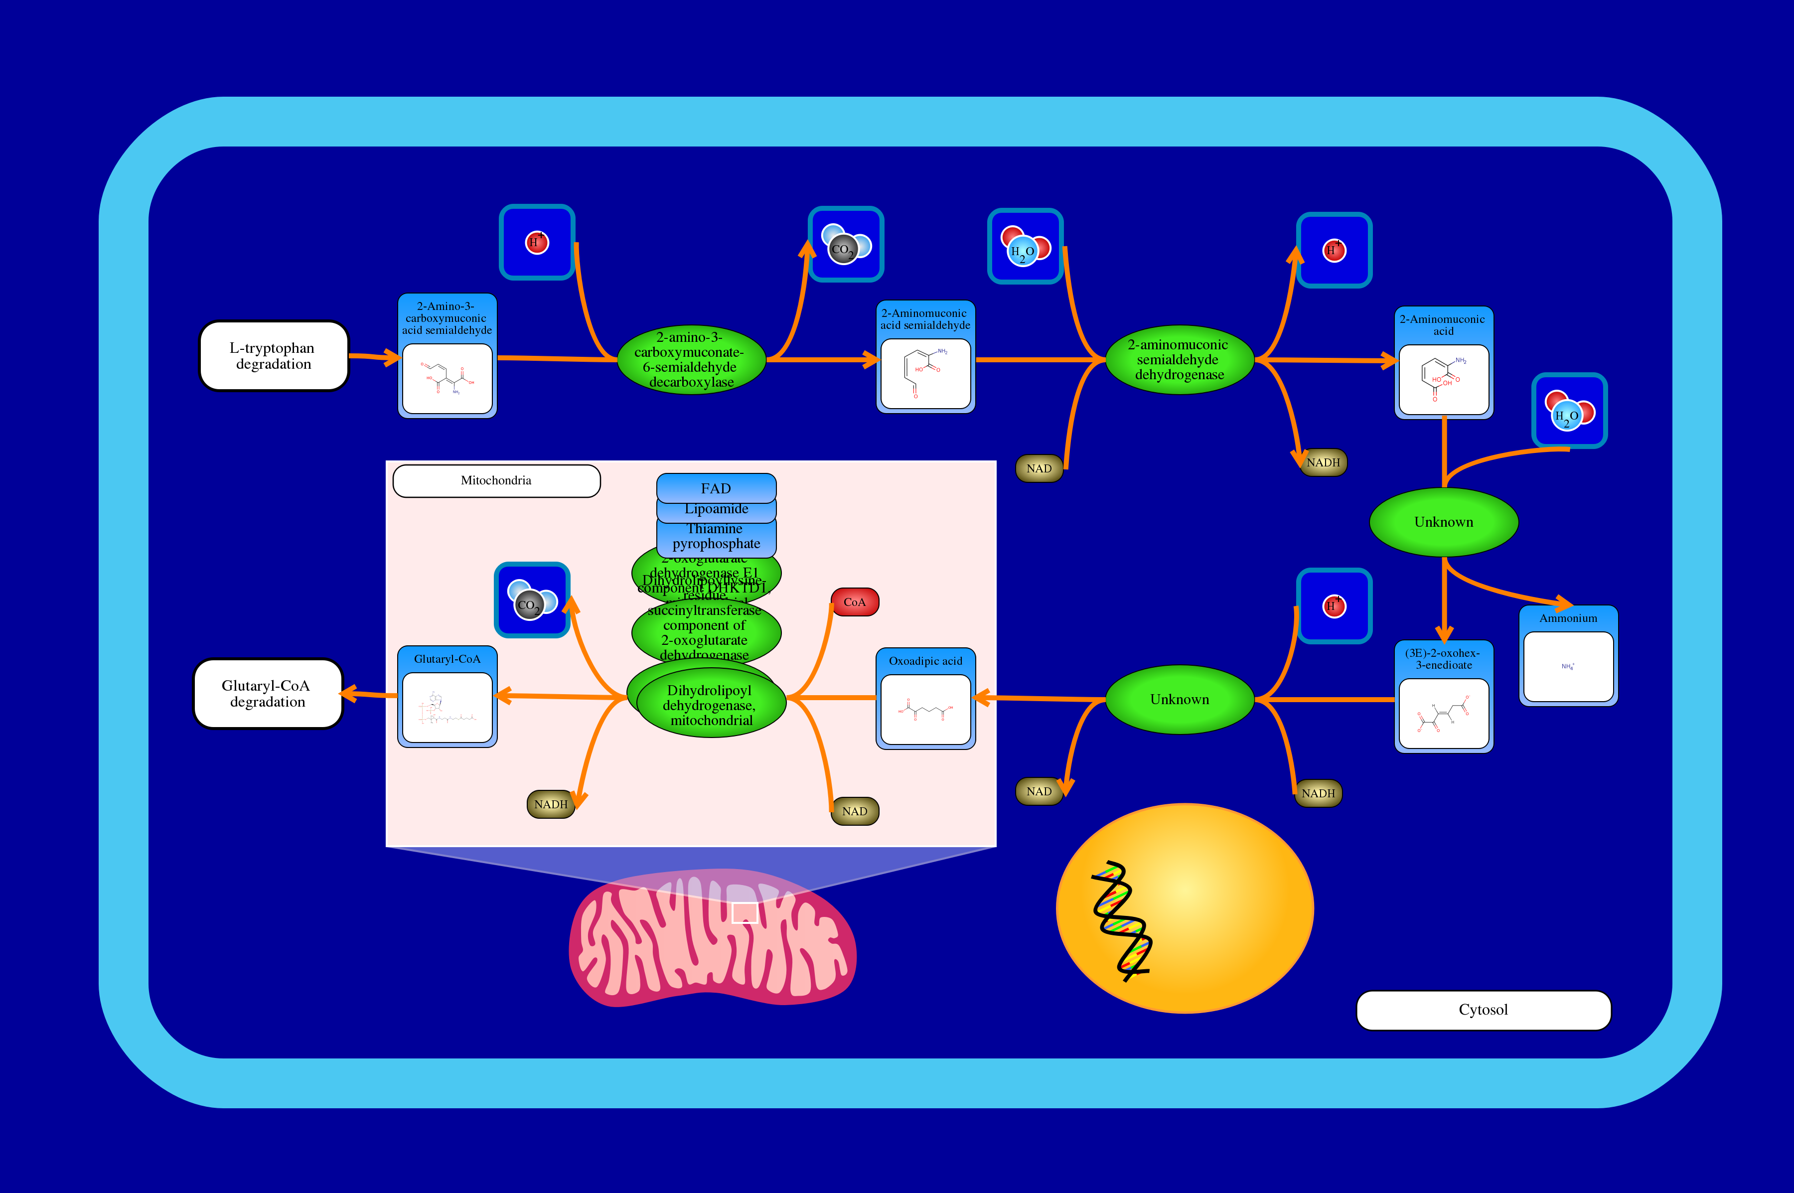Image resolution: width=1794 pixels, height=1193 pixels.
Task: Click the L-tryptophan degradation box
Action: click(273, 356)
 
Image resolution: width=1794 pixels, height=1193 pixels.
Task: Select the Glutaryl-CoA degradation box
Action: click(267, 693)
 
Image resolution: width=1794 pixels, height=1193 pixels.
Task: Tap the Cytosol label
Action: click(1483, 1010)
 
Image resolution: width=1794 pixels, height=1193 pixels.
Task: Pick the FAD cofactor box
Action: click(716, 488)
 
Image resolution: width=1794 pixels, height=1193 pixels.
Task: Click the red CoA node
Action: click(855, 602)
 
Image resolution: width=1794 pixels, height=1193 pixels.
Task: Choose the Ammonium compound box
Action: click(1568, 655)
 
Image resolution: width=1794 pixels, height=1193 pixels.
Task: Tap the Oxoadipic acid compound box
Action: click(925, 699)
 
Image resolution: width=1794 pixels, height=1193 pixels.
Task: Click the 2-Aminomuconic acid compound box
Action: click(1443, 363)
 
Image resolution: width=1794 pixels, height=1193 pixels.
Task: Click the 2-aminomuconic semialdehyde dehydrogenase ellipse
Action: click(1179, 360)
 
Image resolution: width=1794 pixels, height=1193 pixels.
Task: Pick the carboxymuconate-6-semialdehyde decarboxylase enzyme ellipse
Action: click(691, 360)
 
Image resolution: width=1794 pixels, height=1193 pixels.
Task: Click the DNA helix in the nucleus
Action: click(1121, 920)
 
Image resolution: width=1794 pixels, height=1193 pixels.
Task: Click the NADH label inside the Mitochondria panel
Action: click(550, 804)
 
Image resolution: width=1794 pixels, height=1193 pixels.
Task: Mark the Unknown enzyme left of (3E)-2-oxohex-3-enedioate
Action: click(1179, 699)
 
